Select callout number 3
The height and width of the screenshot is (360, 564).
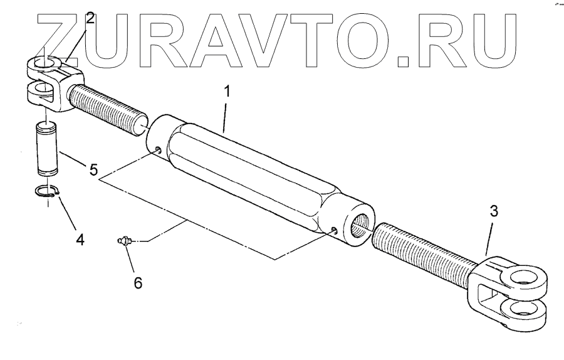pyautogui.click(x=494, y=211)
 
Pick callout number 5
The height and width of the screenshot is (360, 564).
pyautogui.click(x=93, y=169)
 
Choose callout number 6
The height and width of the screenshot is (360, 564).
pyautogui.click(x=138, y=283)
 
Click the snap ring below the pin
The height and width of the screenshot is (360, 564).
pyautogui.click(x=45, y=194)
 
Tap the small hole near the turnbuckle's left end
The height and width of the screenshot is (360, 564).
pyautogui.click(x=157, y=149)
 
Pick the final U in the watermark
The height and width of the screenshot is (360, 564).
pyautogui.click(x=493, y=38)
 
